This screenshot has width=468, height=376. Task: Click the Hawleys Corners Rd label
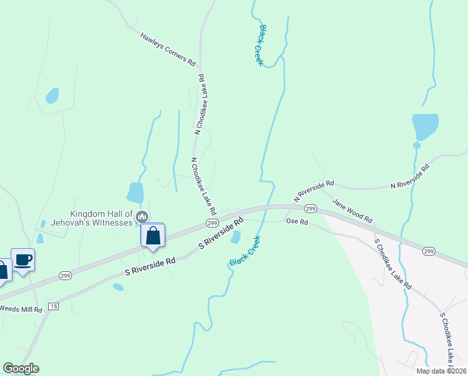pyautogui.click(x=168, y=50)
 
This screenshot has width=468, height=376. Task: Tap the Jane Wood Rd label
pyautogui.click(x=352, y=211)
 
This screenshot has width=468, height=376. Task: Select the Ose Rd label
pyautogui.click(x=297, y=221)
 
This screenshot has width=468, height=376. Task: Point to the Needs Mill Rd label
pyautogui.click(x=21, y=309)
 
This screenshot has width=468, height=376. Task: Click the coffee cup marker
pyautogui.click(x=23, y=260)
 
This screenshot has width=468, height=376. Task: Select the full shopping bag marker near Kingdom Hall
pyautogui.click(x=153, y=236)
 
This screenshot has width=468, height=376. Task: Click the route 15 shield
pyautogui.click(x=53, y=306)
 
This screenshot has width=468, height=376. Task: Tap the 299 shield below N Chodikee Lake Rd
pyautogui.click(x=211, y=223)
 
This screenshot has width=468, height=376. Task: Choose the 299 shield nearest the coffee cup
pyautogui.click(x=66, y=275)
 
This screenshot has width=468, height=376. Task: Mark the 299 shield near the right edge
pyautogui.click(x=429, y=251)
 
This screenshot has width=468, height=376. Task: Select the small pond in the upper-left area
pyautogui.click(x=52, y=96)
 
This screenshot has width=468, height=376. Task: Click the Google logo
pyautogui.click(x=21, y=368)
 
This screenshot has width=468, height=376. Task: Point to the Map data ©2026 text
pyautogui.click(x=440, y=371)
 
